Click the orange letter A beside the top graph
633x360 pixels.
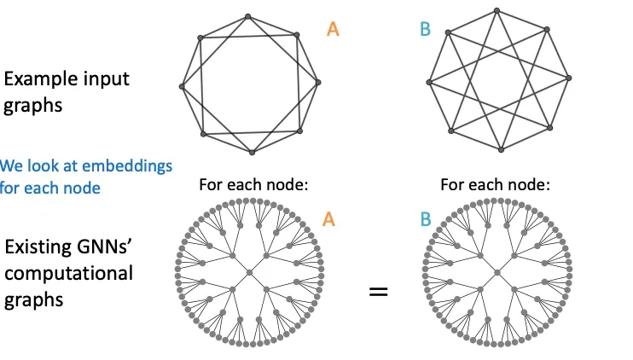(x=333, y=30)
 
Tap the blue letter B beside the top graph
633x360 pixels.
(x=425, y=30)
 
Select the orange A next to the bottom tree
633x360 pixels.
(x=328, y=219)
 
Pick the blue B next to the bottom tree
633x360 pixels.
(x=425, y=219)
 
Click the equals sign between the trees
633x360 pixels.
(x=378, y=291)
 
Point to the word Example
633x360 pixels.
(x=43, y=79)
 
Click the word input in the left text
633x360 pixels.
(x=107, y=79)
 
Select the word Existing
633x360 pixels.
(x=39, y=248)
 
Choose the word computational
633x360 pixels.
(x=69, y=274)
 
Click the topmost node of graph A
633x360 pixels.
(x=247, y=16)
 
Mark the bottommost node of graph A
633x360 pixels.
(x=252, y=152)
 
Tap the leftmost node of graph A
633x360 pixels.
(x=182, y=86)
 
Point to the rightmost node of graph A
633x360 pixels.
(x=317, y=83)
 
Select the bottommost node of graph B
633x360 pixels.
(x=501, y=150)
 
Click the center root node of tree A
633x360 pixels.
(x=250, y=272)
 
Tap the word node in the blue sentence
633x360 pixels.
(x=84, y=187)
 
